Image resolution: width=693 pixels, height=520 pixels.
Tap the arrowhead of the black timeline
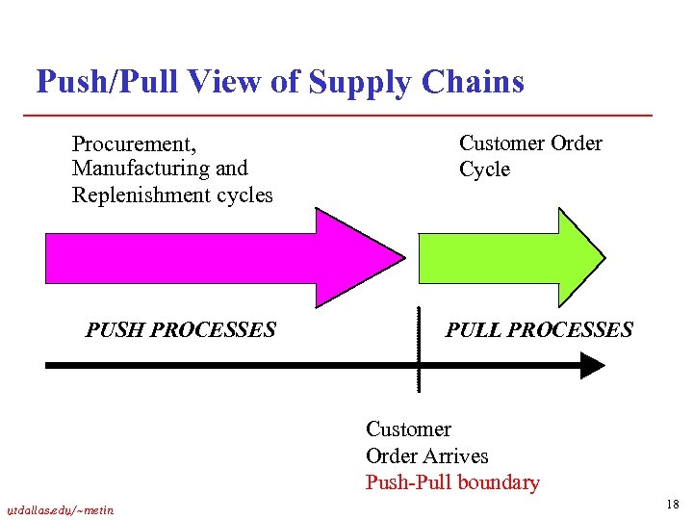[591, 366]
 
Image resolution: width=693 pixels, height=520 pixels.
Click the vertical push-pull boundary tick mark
[419, 347]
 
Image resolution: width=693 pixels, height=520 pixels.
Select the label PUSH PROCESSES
[180, 330]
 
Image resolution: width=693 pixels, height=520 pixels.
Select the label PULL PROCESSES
[539, 330]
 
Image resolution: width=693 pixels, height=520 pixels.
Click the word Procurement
[134, 144]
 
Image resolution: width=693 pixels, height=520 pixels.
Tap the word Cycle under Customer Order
[484, 169]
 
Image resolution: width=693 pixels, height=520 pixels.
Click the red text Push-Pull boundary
[452, 482]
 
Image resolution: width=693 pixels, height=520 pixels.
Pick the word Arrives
[456, 456]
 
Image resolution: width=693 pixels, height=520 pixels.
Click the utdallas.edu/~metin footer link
[60, 509]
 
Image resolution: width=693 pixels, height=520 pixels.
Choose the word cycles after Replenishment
[244, 195]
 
